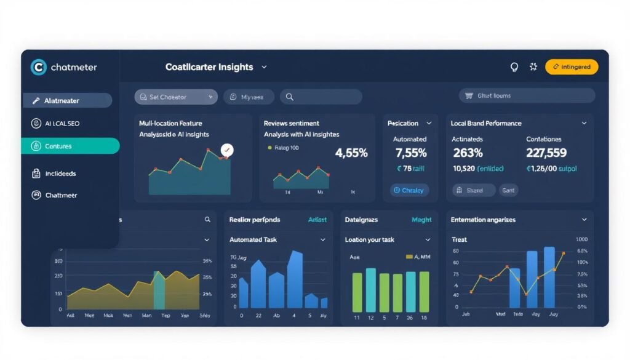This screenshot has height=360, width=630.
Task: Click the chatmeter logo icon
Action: (38, 67)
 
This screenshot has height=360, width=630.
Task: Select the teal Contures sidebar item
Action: (70, 146)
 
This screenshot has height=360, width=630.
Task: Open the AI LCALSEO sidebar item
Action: (62, 123)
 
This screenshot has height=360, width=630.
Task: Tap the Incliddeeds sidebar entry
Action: (60, 174)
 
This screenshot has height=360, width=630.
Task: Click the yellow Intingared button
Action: (572, 66)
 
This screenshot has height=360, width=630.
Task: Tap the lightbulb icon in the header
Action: (514, 66)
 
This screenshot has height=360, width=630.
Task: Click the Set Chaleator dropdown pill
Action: (176, 97)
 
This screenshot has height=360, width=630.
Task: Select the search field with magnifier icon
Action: (320, 97)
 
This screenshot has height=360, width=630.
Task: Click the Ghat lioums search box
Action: (527, 95)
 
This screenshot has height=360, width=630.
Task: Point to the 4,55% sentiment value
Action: (351, 153)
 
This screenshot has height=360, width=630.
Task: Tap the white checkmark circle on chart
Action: (227, 150)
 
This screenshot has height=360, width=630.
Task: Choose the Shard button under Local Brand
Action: (473, 190)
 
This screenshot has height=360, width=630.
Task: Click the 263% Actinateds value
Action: (468, 153)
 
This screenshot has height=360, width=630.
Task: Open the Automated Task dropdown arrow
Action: (323, 239)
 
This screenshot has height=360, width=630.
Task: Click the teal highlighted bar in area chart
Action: (159, 290)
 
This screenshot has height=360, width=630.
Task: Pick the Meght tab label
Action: (421, 220)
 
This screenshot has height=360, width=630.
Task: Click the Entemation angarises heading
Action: (483, 220)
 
